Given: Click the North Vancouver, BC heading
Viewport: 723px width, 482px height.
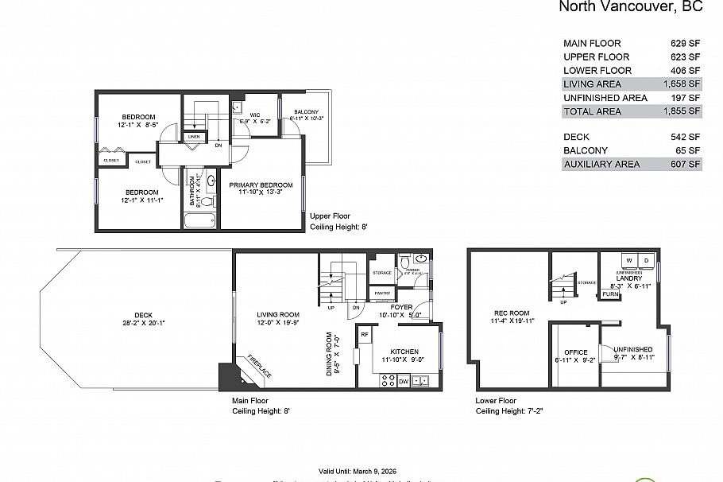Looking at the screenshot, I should pyautogui.click(x=631, y=7).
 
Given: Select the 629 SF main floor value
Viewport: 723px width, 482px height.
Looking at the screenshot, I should pyautogui.click(x=685, y=43).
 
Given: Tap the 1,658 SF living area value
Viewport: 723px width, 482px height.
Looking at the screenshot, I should pyautogui.click(x=682, y=84).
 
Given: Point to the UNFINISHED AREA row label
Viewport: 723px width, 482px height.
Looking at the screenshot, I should pyautogui.click(x=605, y=97).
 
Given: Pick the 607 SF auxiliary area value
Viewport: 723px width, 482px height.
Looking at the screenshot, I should pyautogui.click(x=685, y=164).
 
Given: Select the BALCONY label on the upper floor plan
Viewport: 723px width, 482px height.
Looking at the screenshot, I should pyautogui.click(x=306, y=112).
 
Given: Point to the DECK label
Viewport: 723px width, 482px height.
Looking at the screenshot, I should pyautogui.click(x=143, y=314).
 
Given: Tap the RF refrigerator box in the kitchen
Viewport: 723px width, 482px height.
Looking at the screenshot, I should pyautogui.click(x=364, y=335).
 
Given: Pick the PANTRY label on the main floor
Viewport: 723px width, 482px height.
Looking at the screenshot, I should pyautogui.click(x=382, y=293).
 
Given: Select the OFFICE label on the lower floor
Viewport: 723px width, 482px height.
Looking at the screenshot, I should pyautogui.click(x=575, y=352).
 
